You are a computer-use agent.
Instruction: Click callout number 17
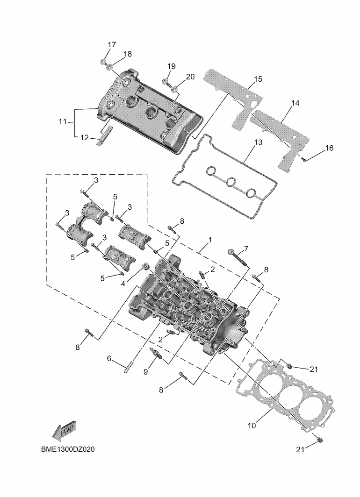[111, 45]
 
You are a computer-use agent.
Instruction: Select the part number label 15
[259, 79]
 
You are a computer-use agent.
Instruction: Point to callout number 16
[329, 148]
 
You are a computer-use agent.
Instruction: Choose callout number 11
[63, 122]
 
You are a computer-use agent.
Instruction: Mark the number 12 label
[84, 138]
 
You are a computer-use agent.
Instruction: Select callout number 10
[252, 426]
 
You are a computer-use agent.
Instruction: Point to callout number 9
[145, 371]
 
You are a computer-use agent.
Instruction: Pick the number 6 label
[109, 359]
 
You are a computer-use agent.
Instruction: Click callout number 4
[123, 284]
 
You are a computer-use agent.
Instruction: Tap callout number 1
[210, 240]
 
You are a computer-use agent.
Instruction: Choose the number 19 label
[171, 66]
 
